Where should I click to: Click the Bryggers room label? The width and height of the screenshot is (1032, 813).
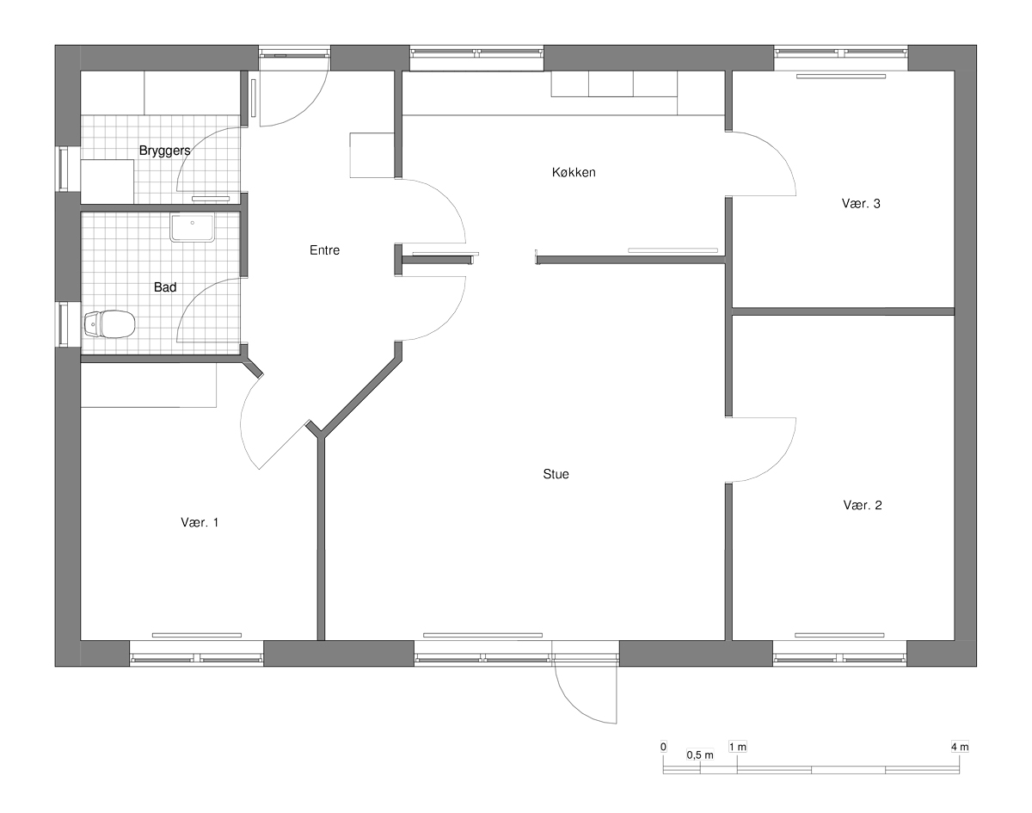164,151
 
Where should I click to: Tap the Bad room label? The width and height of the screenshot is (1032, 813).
165,287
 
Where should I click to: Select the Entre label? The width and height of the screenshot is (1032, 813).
325,250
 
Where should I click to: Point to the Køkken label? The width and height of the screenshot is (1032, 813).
574,172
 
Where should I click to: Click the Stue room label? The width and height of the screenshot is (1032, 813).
556,474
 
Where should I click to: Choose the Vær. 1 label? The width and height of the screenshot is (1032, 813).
200,522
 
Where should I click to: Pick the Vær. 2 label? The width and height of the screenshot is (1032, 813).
863,505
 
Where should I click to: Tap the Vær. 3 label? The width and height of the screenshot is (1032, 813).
861,204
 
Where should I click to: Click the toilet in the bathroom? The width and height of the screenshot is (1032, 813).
109,323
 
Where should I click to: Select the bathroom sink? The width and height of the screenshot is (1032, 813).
192,228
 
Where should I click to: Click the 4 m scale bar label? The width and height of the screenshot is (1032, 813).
960,747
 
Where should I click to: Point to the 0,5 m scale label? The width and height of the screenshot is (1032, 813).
700,755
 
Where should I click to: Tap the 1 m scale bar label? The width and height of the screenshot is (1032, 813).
738,747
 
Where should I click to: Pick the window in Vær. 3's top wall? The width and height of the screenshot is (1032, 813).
841,52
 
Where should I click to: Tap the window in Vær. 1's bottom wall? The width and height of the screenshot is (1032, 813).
197,659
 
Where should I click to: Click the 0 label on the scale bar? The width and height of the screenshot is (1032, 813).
663,747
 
